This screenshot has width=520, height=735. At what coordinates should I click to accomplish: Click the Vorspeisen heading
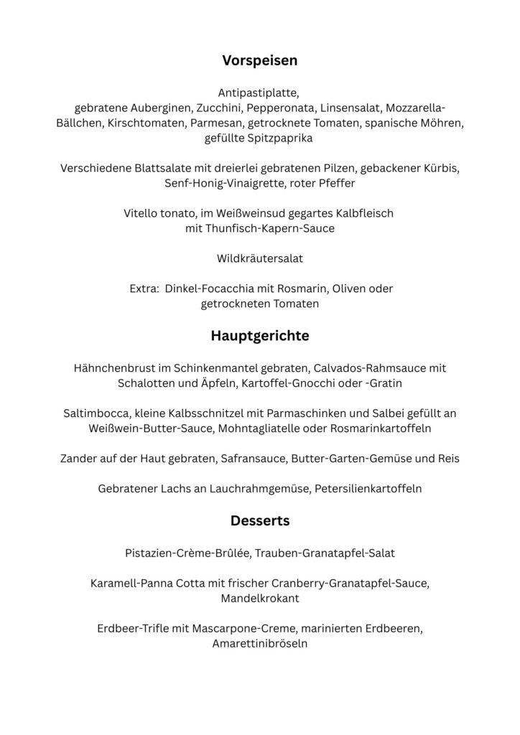[259, 61]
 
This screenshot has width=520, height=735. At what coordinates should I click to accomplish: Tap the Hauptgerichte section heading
[259, 335]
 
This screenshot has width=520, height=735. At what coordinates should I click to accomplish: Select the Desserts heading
[259, 520]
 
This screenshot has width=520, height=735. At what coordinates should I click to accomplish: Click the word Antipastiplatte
[259, 93]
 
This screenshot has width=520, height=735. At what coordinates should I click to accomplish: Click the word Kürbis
[437, 169]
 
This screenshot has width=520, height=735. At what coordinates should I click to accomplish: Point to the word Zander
[78, 459]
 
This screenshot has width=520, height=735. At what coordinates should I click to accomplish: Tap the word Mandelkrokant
[259, 598]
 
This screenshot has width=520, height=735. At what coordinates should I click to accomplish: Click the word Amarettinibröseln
[259, 644]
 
